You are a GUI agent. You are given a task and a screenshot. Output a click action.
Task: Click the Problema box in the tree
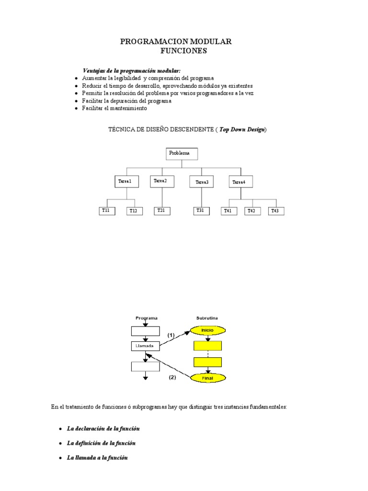pos(182,154)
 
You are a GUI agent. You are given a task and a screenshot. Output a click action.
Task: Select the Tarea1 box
pos(126,182)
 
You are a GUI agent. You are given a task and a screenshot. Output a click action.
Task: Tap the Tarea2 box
pos(162,181)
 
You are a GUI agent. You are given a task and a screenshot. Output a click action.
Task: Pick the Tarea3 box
pos(202,182)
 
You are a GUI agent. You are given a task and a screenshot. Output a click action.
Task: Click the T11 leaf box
pos(107,210)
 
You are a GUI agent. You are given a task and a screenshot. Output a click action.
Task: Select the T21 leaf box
pos(162,210)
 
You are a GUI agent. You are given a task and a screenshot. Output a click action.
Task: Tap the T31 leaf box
pos(201,210)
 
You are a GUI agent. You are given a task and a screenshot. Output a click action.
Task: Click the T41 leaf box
pos(229,211)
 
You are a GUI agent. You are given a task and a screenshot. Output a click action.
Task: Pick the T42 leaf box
pos(252,211)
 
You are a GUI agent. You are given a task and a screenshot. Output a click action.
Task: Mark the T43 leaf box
pos(276,211)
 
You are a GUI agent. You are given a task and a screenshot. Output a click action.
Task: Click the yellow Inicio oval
pos(207,330)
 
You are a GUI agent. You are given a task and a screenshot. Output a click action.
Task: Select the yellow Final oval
pos(207,378)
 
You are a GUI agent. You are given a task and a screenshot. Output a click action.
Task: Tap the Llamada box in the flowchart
pos(145,346)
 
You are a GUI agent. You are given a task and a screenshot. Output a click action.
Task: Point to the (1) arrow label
pos(171,335)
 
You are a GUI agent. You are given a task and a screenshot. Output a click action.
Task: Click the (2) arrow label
pos(172,377)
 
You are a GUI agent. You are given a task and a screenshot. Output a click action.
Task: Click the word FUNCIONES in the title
pos(184,51)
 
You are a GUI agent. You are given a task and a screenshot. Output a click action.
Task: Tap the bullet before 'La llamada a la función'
pos(60,458)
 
